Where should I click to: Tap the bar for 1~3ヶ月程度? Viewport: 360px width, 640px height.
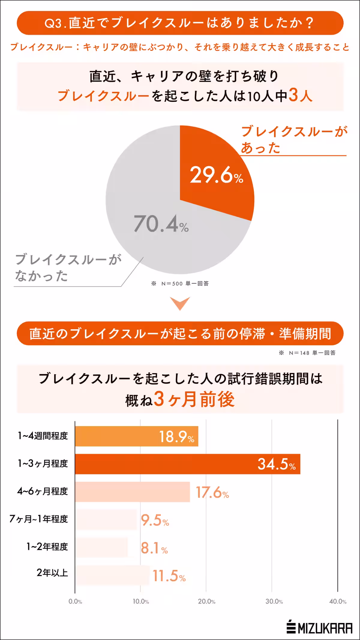click(x=187, y=464)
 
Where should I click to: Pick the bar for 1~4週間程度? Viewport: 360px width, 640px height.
click(x=136, y=436)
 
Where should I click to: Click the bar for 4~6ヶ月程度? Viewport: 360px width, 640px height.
click(x=132, y=492)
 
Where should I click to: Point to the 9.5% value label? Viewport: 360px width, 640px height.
click(x=155, y=520)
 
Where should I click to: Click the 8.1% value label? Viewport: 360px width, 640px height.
click(x=154, y=548)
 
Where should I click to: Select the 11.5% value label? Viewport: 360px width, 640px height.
click(x=169, y=576)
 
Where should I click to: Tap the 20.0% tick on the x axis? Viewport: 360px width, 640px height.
click(x=206, y=602)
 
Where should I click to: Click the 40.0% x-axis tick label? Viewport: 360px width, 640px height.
click(x=337, y=602)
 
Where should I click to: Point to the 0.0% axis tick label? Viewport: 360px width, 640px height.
click(x=75, y=602)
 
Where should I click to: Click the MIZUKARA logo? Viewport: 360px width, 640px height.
click(x=319, y=628)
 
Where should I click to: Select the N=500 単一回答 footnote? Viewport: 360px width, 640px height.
click(x=180, y=283)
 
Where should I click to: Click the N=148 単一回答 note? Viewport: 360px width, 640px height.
click(x=307, y=353)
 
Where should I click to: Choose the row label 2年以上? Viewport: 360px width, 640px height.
click(x=52, y=573)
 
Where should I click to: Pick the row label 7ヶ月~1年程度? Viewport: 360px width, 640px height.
click(x=39, y=519)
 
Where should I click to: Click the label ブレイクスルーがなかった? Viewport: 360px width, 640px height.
click(x=68, y=268)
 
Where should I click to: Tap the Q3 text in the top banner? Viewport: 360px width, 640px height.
click(x=53, y=23)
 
